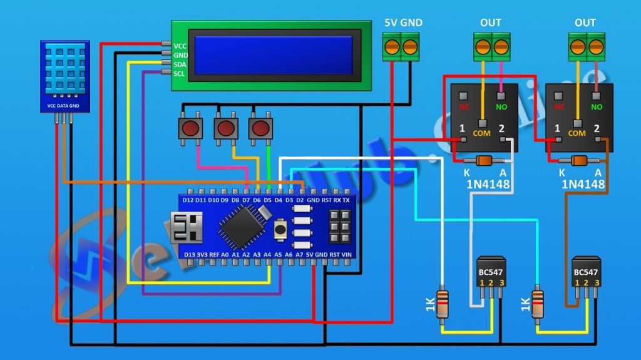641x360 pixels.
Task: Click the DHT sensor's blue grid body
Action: [65, 72]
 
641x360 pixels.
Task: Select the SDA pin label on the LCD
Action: [180, 64]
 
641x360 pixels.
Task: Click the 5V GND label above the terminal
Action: [403, 23]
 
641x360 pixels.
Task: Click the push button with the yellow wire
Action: [225, 129]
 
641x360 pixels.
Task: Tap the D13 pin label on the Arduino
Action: [190, 255]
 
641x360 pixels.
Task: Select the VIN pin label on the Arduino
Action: [347, 255]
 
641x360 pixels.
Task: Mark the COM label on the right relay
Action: [577, 133]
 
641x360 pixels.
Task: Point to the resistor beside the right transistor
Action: [537, 305]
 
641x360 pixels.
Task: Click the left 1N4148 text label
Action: [488, 185]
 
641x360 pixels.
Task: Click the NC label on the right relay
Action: [559, 107]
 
